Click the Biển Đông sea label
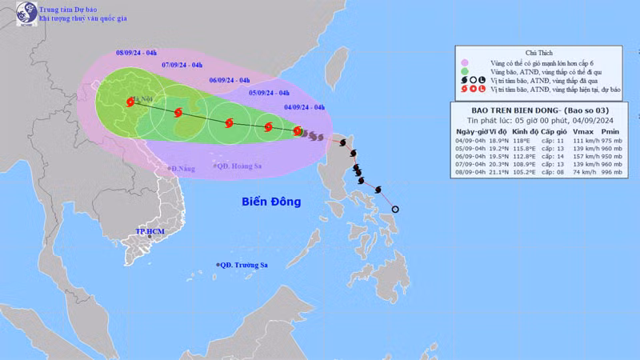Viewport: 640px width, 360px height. click(x=271, y=202)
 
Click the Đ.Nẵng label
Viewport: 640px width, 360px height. click(x=182, y=169)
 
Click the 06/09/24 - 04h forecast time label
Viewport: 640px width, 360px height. click(x=230, y=80)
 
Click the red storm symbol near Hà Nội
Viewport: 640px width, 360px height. click(x=129, y=102)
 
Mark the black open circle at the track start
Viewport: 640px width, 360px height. click(x=395, y=210)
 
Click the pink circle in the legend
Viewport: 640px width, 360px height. click(x=463, y=61)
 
